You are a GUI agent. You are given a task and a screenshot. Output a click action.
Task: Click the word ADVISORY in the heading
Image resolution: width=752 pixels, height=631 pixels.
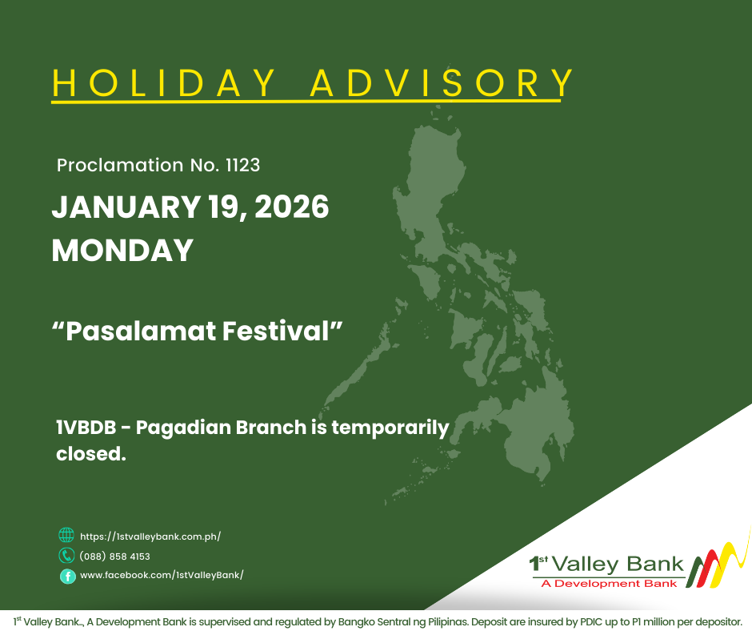tap(442, 82)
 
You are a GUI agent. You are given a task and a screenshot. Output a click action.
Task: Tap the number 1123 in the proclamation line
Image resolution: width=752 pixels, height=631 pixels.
tap(242, 166)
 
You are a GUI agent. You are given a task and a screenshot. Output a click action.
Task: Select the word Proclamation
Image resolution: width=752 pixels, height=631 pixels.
tap(120, 166)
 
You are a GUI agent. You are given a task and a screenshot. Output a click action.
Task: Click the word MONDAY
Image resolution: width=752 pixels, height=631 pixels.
tap(122, 250)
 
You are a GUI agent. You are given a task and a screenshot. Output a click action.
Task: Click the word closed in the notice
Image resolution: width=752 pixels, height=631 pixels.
tap(90, 454)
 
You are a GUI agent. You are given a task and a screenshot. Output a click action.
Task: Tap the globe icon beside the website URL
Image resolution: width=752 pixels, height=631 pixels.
tap(66, 536)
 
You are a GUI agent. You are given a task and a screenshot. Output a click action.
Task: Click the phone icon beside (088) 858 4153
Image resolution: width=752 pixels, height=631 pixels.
tap(66, 556)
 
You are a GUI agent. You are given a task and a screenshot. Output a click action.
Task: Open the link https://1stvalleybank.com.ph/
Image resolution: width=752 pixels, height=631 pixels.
tap(150, 537)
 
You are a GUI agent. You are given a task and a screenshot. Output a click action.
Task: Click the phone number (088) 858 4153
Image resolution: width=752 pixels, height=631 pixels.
tap(115, 556)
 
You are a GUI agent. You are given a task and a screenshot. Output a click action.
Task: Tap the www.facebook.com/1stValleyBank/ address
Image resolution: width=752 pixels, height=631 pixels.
tap(162, 575)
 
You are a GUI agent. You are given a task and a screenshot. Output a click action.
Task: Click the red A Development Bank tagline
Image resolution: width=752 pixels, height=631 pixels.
tap(609, 583)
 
